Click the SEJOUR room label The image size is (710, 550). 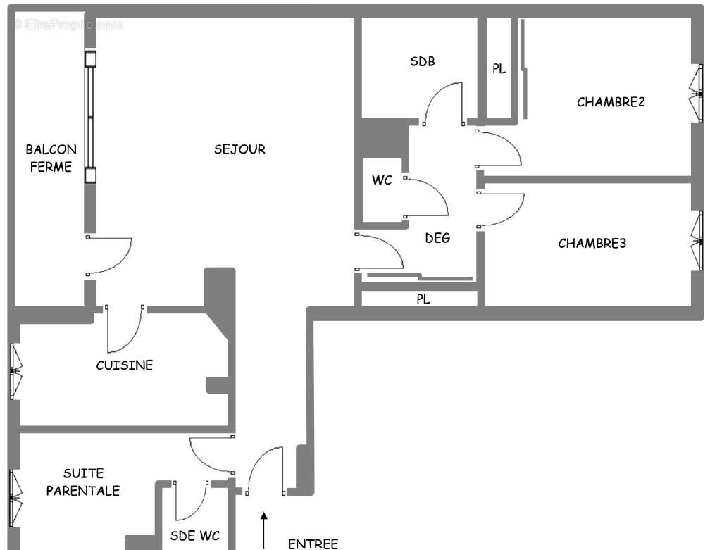click(x=239, y=149)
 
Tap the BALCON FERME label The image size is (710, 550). click(x=51, y=158)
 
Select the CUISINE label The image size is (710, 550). click(x=124, y=365)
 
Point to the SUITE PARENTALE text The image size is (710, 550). click(x=82, y=482)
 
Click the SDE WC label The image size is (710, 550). click(x=194, y=536)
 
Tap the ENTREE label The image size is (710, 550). click(x=313, y=543)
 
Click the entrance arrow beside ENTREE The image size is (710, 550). click(x=265, y=530)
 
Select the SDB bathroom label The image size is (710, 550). click(x=423, y=61)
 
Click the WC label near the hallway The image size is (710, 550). click(x=382, y=180)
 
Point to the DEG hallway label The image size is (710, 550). click(x=437, y=238)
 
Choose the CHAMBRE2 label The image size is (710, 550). click(x=611, y=102)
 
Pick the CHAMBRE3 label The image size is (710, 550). click(x=592, y=244)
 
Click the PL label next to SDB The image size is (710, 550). click(x=499, y=69)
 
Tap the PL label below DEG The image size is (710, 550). click(x=423, y=299)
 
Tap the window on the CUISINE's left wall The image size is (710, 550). click(x=14, y=371)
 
